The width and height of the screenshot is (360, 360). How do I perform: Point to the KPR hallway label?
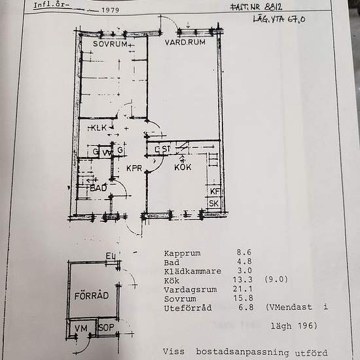pyautogui.click(x=134, y=168)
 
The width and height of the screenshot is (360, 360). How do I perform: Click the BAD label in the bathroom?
pyautogui.click(x=99, y=187)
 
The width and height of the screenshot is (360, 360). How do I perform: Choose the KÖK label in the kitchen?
pyautogui.click(x=183, y=168)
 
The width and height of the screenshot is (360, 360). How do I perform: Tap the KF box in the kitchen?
pyautogui.click(x=213, y=190)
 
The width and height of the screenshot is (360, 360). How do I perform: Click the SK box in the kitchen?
pyautogui.click(x=213, y=204)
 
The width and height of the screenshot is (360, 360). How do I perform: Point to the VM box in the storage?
pyautogui.click(x=81, y=327)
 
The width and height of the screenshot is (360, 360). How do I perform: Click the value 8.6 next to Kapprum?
pyautogui.click(x=244, y=253)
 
